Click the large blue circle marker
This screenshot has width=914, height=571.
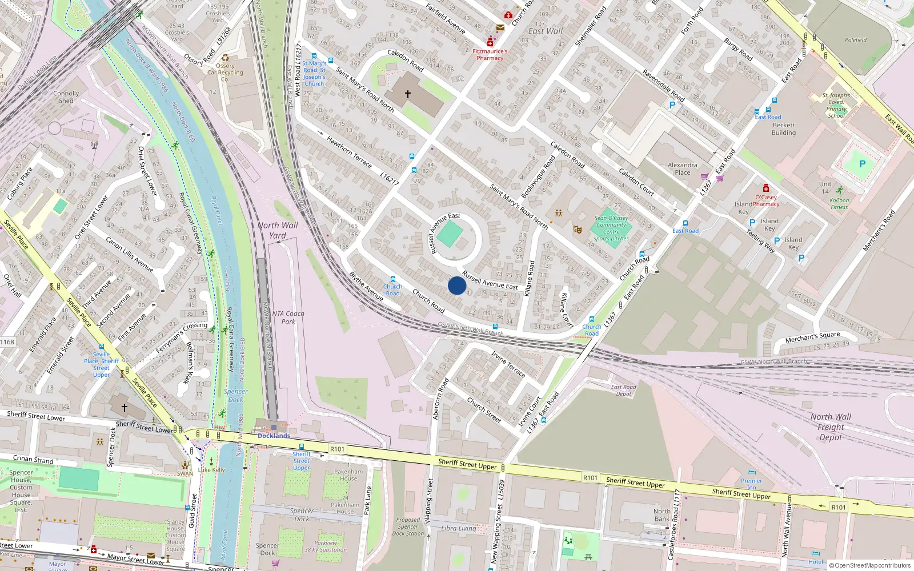(457, 285)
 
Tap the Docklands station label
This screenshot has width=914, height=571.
(274, 436)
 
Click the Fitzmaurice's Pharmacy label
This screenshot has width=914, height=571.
(490, 54)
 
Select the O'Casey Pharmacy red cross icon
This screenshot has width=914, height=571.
(766, 188)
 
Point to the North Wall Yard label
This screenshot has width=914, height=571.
(278, 230)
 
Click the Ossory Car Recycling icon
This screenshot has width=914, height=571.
(225, 58)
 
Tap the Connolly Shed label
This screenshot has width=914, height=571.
(66, 97)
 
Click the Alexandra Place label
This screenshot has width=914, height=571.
(682, 168)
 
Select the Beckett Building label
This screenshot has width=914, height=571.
(783, 129)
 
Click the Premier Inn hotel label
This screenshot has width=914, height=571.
(751, 484)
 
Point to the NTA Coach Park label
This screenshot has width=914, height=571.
(288, 317)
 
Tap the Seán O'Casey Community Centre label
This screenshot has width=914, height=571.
(611, 228)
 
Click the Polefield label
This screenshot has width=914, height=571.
(855, 40)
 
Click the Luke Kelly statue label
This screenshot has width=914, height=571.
(211, 470)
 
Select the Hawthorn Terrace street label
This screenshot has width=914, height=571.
(349, 151)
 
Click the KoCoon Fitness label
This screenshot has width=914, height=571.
(839, 203)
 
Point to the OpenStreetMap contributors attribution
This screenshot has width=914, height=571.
(869, 565)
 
